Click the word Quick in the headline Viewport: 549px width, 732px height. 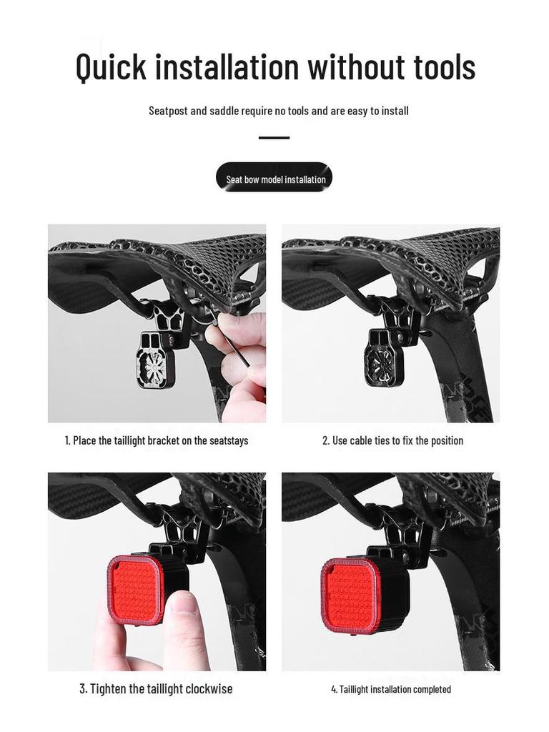111,66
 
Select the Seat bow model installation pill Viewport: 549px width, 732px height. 274,178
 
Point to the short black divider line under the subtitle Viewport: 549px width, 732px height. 274,137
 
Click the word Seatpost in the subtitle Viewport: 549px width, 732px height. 167,111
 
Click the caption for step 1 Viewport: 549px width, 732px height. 157,440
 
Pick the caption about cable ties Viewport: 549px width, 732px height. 392,440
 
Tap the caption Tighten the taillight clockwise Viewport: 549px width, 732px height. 156,689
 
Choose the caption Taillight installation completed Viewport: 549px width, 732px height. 391,689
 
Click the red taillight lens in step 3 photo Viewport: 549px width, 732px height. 136,589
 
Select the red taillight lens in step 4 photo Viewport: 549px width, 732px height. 350,595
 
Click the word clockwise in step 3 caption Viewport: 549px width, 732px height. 209,689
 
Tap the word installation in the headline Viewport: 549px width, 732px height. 227,66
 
